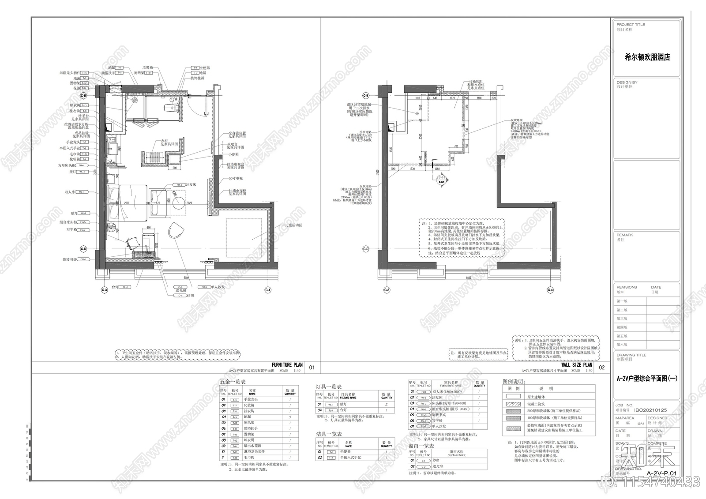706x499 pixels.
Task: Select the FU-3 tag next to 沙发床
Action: pyautogui.click(x=179, y=185)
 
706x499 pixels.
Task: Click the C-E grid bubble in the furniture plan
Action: pyautogui.click(x=83, y=95)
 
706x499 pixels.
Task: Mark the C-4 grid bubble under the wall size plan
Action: pyautogui.click(x=550, y=290)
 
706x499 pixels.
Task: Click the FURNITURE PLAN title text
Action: pyautogui.click(x=287, y=365)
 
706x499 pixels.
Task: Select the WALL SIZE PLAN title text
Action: pyautogui.click(x=576, y=365)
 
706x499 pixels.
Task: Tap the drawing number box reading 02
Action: pyautogui.click(x=602, y=368)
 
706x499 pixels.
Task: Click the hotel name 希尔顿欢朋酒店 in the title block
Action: pyautogui.click(x=647, y=57)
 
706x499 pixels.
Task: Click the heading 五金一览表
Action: pyautogui.click(x=233, y=382)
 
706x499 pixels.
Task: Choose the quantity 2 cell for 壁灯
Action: pyautogui.click(x=386, y=404)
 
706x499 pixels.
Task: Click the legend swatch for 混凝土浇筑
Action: pyautogui.click(x=513, y=404)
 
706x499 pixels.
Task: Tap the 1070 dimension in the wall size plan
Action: pyautogui.click(x=452, y=98)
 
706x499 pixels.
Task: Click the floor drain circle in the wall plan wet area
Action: pyautogui.click(x=416, y=113)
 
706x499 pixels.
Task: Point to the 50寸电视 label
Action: pyautogui.click(x=236, y=178)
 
